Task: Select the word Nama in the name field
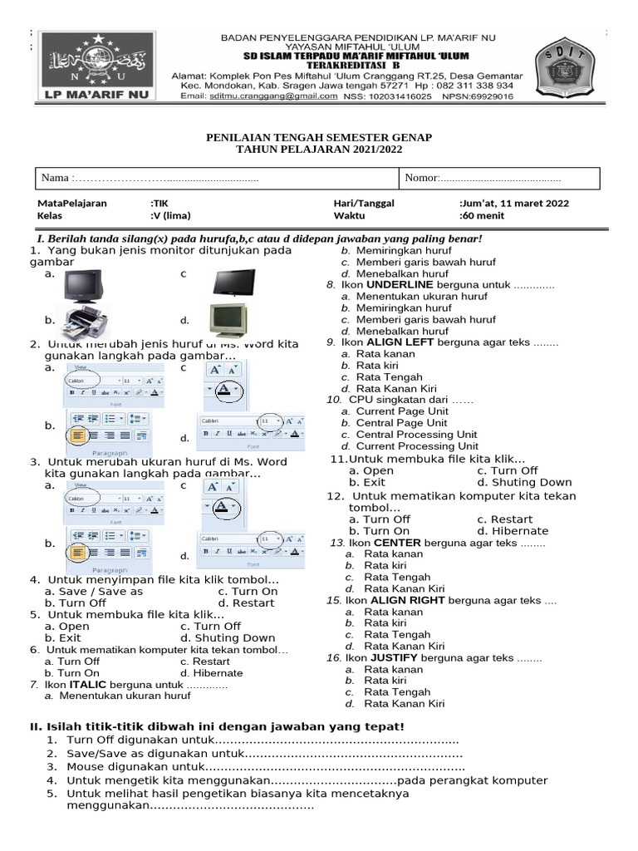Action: [x=55, y=178]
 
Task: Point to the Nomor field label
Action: [x=420, y=178]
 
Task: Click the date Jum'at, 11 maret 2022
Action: [x=514, y=203]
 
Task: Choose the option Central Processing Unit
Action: [x=416, y=435]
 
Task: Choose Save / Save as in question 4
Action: [x=94, y=591]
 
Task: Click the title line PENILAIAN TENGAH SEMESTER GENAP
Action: [x=318, y=136]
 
